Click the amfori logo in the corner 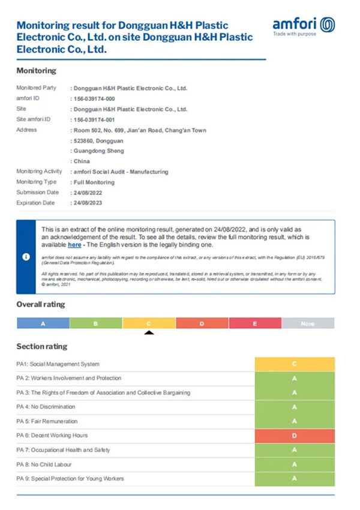click(304, 26)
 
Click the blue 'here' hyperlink click(74, 245)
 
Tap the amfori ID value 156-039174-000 click(94, 98)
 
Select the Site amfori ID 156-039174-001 click(94, 119)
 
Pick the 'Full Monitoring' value click(94, 182)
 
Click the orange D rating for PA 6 click(295, 436)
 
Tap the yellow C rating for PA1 click(295, 364)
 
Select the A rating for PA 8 click(295, 464)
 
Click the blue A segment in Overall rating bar click(43, 323)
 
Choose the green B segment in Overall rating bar click(96, 323)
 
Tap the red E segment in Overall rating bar click(255, 323)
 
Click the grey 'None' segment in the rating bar click(308, 323)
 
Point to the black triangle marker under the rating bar click(149, 332)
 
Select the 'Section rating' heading click(42, 346)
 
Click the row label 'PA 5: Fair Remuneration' click(47, 421)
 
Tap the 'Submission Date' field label click(37, 193)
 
